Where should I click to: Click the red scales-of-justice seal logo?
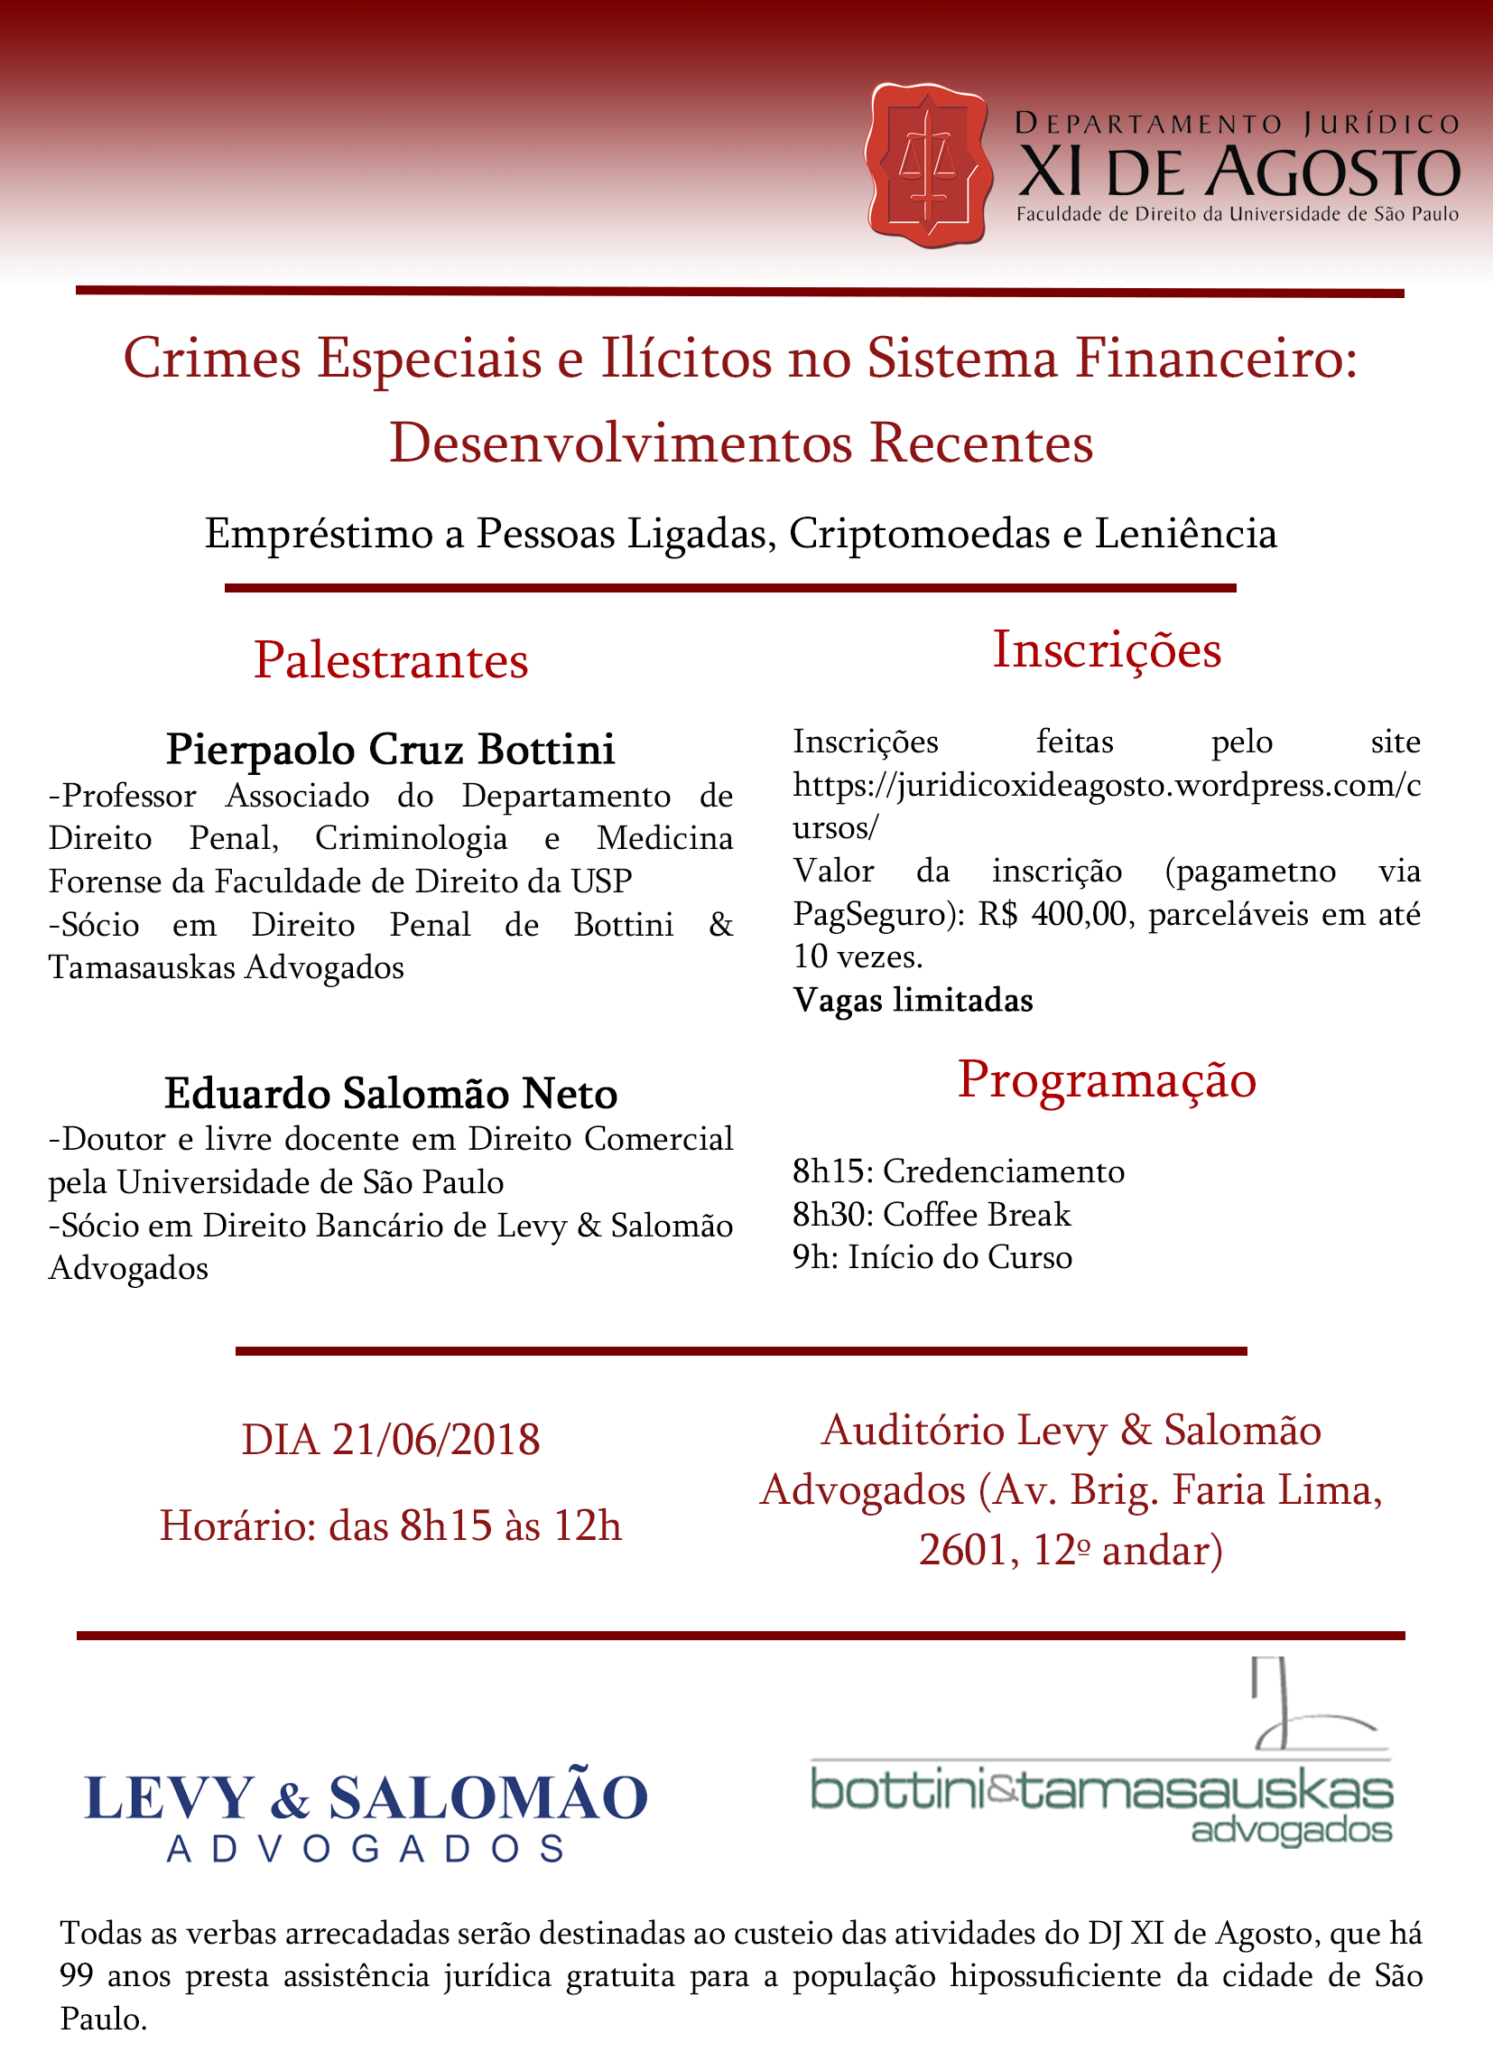(x=927, y=165)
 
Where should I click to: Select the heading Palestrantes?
(x=391, y=661)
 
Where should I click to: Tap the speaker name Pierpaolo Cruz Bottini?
(x=391, y=750)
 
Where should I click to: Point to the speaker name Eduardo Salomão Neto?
(x=391, y=1094)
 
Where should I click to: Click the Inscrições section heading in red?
(x=1107, y=651)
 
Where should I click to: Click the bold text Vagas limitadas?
(x=913, y=1001)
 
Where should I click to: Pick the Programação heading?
(x=1107, y=1080)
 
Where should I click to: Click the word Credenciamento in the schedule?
(x=1003, y=1172)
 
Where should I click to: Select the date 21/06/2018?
(x=435, y=1440)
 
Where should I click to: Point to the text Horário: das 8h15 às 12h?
(x=391, y=1526)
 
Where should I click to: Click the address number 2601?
(x=962, y=1551)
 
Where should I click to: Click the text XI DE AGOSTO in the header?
(x=1238, y=173)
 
